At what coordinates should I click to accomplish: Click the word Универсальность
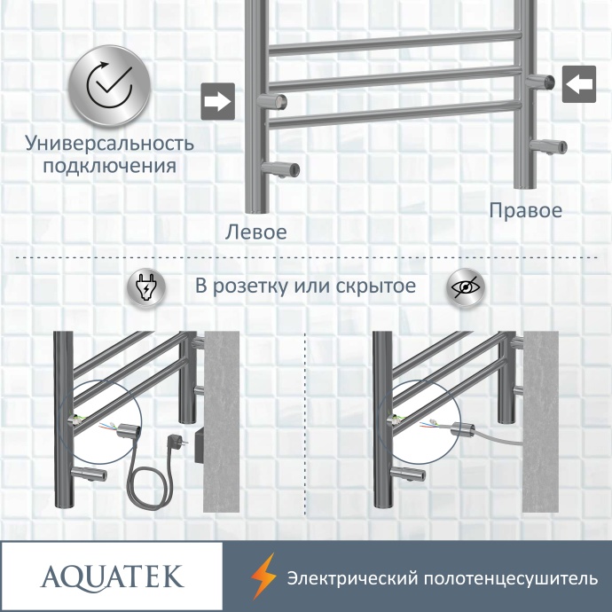pyautogui.click(x=109, y=143)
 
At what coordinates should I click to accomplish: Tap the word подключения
pyautogui.click(x=109, y=166)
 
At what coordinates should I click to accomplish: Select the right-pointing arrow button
pyautogui.click(x=216, y=100)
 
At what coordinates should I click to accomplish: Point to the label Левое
pyautogui.click(x=256, y=232)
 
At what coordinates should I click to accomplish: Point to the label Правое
pyautogui.click(x=526, y=211)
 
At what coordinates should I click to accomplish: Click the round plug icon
pyautogui.click(x=145, y=287)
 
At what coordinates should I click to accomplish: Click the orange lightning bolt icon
pyautogui.click(x=263, y=577)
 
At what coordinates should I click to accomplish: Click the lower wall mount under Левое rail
pyautogui.click(x=283, y=169)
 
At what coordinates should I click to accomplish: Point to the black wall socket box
pyautogui.click(x=197, y=443)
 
